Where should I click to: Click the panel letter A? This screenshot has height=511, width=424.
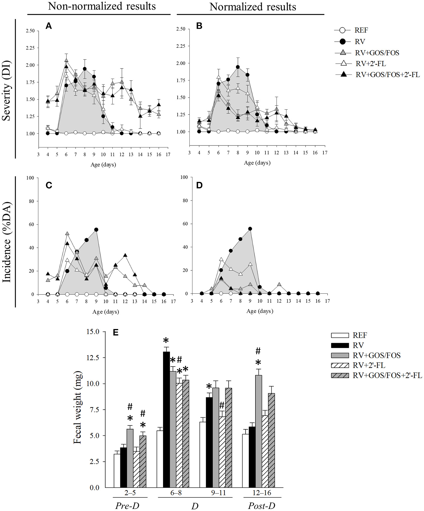coord(49,26)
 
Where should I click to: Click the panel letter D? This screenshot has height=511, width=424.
coord(199,185)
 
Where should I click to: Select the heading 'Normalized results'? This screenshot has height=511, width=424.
coord(252,7)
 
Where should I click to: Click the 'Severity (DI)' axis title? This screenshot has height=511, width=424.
coord(6,91)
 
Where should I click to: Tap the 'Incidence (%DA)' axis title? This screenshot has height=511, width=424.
coord(6,242)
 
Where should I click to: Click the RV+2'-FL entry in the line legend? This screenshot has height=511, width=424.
coord(370,64)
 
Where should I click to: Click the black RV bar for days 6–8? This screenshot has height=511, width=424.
coord(166,419)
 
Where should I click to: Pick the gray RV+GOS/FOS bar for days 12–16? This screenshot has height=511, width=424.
coord(258,431)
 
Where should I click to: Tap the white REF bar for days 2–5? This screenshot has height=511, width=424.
coord(117,470)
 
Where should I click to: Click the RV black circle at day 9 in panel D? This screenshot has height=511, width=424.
coord(250,229)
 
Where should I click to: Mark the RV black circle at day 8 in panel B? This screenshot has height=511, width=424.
coord(238,67)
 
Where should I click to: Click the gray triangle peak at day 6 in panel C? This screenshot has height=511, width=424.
coord(67,233)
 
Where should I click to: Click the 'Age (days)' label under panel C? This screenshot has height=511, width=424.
coord(106,312)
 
